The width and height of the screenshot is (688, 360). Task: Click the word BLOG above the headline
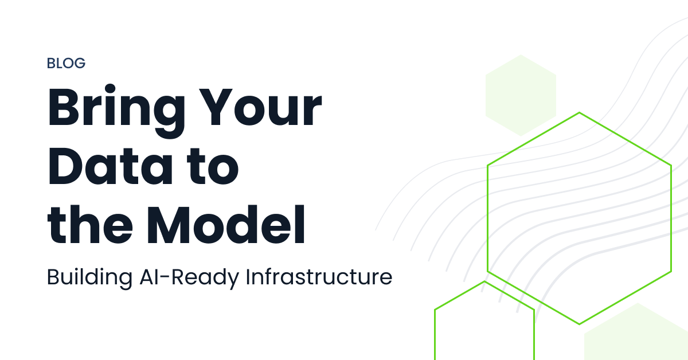click(x=66, y=63)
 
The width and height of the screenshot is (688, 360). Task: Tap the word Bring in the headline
click(x=116, y=111)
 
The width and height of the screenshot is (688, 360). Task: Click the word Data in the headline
click(x=110, y=166)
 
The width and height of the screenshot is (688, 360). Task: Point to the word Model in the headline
click(x=226, y=225)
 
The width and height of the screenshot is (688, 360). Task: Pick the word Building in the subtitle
click(x=89, y=278)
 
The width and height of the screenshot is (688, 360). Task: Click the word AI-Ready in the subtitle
click(x=189, y=278)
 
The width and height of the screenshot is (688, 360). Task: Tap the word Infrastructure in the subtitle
click(x=319, y=277)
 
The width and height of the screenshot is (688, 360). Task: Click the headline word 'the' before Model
click(x=90, y=225)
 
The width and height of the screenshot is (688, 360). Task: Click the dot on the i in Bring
click(x=110, y=88)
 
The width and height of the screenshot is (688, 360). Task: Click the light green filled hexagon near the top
click(x=521, y=96)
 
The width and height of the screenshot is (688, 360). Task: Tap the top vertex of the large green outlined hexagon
click(x=579, y=113)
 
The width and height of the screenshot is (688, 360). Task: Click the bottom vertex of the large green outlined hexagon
click(x=579, y=324)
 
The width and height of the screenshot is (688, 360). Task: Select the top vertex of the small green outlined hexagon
click(x=484, y=281)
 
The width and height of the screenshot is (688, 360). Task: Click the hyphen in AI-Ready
click(x=165, y=277)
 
